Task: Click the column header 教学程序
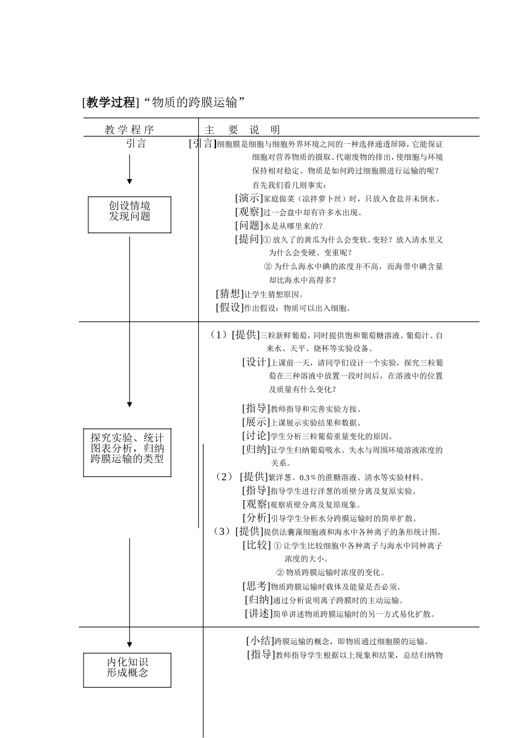(130, 130)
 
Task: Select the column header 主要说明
(242, 130)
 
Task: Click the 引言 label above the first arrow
(136, 144)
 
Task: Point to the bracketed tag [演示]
(249, 198)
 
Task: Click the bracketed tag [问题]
(249, 225)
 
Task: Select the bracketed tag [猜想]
(230, 294)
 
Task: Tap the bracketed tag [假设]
(230, 307)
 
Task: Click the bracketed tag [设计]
(256, 362)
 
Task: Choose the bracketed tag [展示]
(256, 422)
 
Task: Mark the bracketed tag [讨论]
(256, 436)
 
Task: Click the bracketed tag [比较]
(257, 545)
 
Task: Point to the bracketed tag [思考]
(256, 586)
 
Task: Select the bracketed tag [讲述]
(259, 614)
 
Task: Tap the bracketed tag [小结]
(260, 641)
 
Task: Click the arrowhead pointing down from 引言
(130, 182)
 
